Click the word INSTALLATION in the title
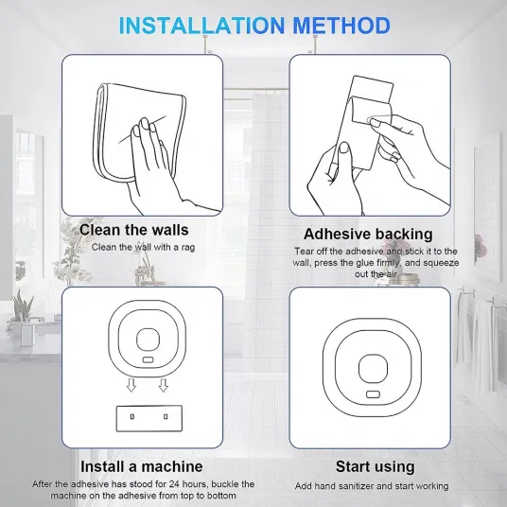click(x=202, y=26)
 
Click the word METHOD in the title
click(x=341, y=26)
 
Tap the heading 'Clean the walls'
click(x=134, y=230)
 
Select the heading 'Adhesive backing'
click(x=368, y=234)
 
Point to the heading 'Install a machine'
click(x=142, y=466)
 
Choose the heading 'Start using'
click(x=376, y=467)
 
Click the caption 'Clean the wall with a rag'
click(x=143, y=248)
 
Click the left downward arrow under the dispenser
click(x=131, y=385)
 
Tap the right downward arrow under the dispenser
click(x=164, y=385)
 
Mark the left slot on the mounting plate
click(x=132, y=416)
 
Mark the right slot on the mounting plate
click(x=166, y=416)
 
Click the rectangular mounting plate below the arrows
click(x=149, y=418)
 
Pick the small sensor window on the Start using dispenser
click(x=373, y=394)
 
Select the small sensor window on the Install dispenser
click(x=148, y=359)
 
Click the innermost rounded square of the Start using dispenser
click(x=373, y=355)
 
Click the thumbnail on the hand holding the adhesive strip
click(x=343, y=148)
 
